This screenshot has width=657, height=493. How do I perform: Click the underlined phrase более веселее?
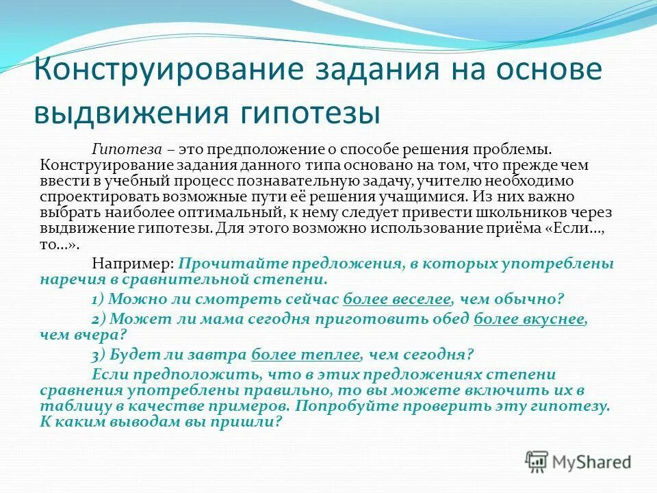397,300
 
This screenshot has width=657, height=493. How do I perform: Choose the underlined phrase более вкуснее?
530,318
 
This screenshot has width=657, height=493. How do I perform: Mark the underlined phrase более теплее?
305,355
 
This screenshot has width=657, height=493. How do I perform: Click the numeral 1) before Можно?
97,300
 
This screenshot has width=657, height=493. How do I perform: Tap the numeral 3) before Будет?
97,355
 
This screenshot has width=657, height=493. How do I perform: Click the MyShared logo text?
592,462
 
